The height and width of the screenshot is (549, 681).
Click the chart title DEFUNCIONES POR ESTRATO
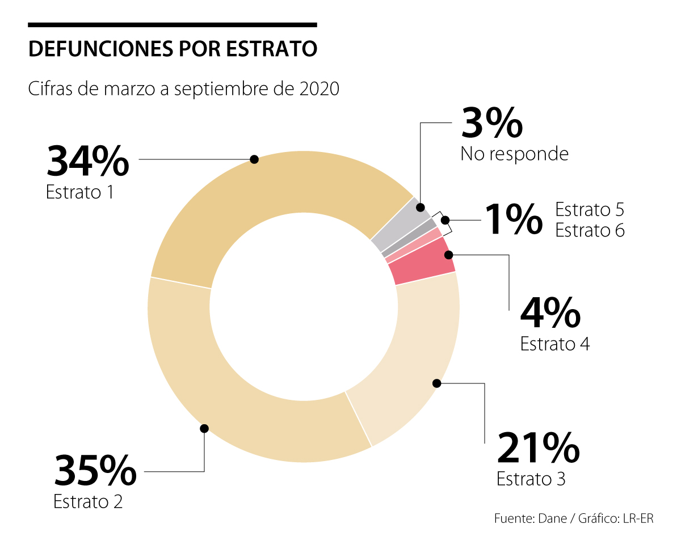coord(173,49)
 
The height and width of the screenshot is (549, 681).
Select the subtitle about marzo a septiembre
coord(184,89)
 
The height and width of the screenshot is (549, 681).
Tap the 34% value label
coord(88,161)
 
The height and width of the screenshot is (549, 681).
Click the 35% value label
coord(95,471)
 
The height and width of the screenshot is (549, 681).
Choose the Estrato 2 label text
coord(88,501)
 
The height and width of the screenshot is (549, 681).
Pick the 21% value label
coord(538,447)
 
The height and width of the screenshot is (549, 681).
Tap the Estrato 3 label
coord(531,479)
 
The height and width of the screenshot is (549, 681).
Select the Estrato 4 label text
coord(555,344)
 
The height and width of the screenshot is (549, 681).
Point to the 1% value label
coord(513,220)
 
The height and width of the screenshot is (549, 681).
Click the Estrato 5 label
coord(590,209)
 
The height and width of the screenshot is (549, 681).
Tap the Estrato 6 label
coord(590,230)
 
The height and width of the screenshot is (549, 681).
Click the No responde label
coord(514,154)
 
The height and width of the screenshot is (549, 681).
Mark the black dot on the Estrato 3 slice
coord(436,383)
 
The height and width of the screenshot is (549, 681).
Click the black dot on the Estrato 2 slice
coord(204,428)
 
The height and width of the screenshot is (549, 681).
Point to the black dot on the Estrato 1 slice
coord(254,159)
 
